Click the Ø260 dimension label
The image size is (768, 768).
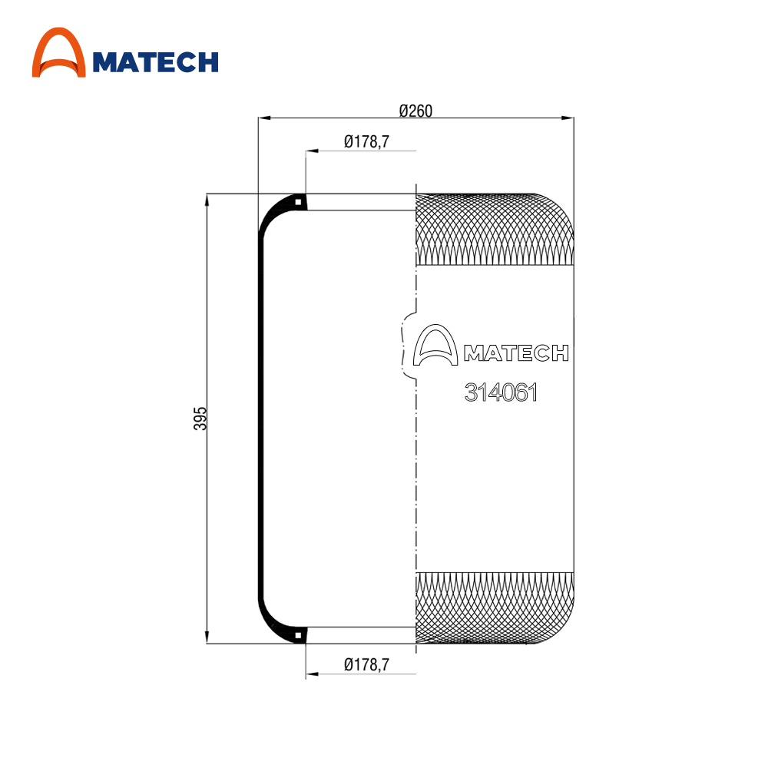(x=415, y=111)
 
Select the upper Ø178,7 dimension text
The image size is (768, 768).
(x=366, y=141)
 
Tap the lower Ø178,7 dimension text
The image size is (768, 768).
(x=366, y=664)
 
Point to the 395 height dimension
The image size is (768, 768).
(x=200, y=419)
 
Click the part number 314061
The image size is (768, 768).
(x=501, y=392)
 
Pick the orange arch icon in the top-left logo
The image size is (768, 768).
(x=59, y=52)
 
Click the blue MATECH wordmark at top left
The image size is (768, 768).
(x=155, y=62)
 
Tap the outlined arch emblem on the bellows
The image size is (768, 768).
(x=435, y=345)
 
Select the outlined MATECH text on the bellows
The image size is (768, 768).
(x=516, y=353)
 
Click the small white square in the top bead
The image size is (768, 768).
(x=298, y=202)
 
